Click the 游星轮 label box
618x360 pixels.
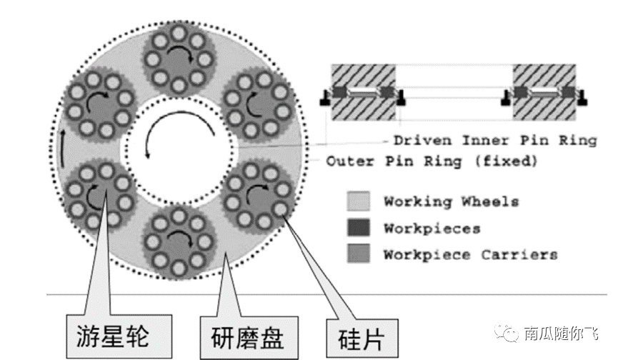[x=111, y=334]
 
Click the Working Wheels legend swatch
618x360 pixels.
[x=359, y=203]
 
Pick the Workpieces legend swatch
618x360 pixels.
[x=359, y=229]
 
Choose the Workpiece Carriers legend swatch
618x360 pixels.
[x=359, y=254]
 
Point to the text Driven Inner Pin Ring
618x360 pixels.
[x=495, y=140]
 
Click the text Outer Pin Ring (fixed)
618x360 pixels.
[x=432, y=161]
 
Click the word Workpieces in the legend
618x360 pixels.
[x=432, y=229]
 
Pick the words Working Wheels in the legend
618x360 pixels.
[x=451, y=202]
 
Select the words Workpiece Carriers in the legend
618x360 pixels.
[x=470, y=254]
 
